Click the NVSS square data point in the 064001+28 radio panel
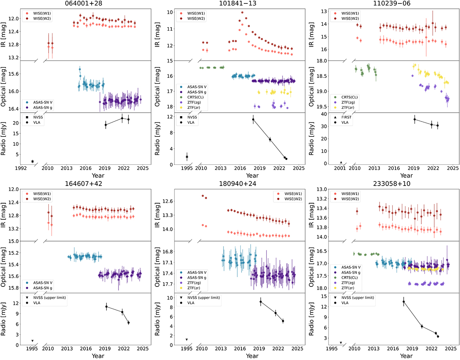[33, 161]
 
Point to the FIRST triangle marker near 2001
[341, 162]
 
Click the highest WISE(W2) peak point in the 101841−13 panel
[242, 12]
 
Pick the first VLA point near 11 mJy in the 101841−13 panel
[253, 119]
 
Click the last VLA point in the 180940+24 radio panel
[283, 321]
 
